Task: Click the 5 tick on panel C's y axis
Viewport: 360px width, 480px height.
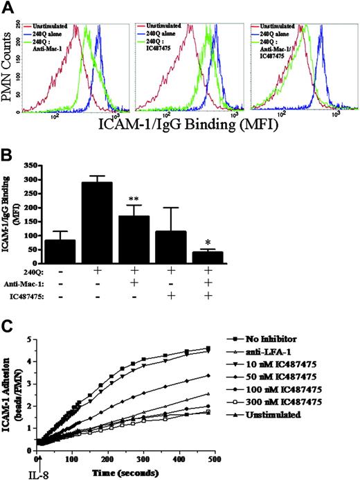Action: point(29,339)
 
